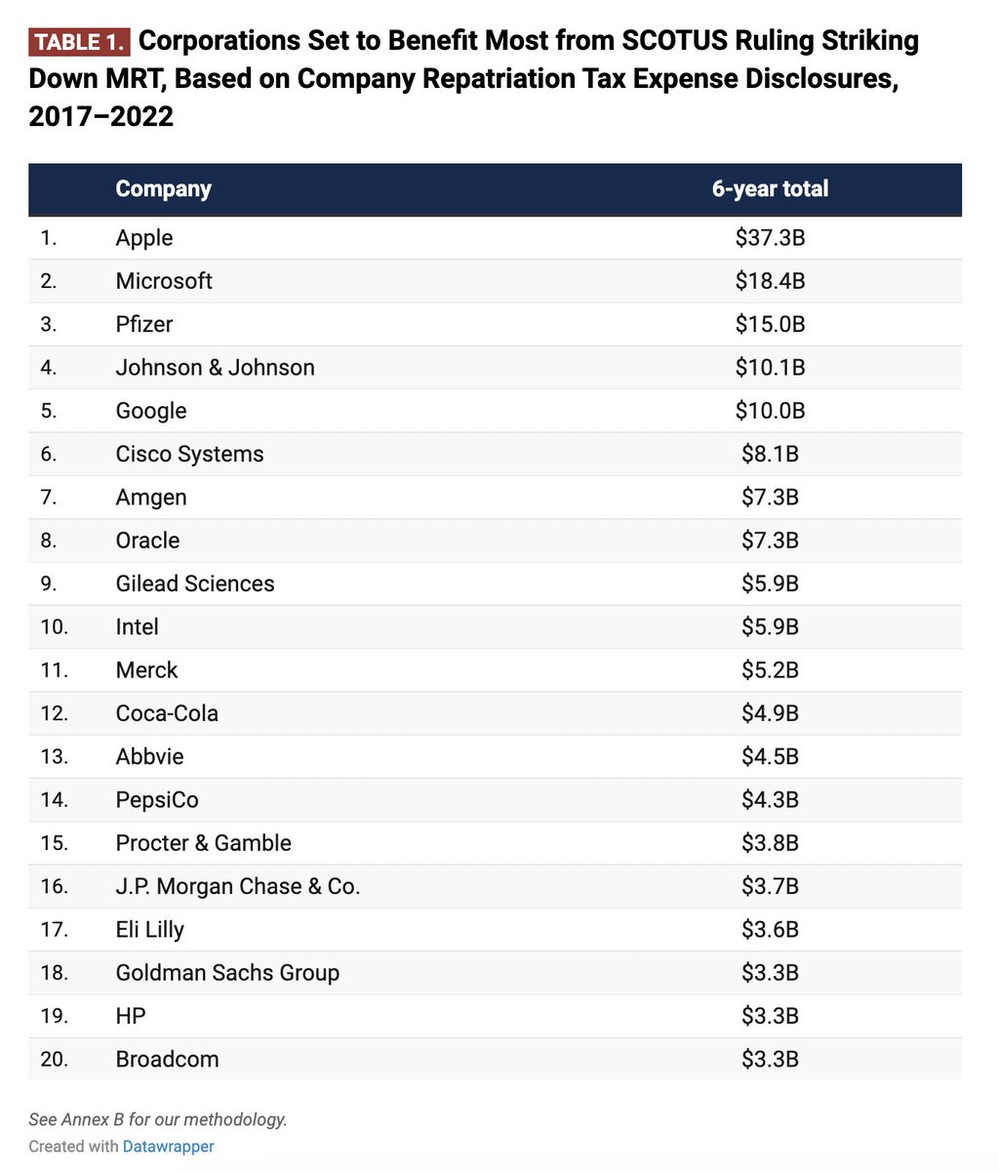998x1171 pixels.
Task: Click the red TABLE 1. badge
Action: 79,43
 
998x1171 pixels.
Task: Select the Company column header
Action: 163,189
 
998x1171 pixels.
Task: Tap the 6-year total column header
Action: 770,189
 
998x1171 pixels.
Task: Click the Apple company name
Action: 144,238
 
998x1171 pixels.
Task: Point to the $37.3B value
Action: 770,238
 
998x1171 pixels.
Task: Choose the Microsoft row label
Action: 164,281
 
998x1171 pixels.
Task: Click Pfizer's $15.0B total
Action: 770,324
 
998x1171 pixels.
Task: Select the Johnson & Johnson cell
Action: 215,368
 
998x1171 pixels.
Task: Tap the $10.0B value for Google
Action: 770,411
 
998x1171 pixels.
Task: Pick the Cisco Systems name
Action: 189,454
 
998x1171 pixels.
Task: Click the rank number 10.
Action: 54,626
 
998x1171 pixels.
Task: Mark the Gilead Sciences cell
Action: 195,584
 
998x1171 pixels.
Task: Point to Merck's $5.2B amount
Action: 770,670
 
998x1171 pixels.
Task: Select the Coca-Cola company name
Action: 167,713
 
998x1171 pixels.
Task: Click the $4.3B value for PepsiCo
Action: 770,800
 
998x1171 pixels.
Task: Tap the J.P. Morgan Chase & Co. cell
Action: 238,886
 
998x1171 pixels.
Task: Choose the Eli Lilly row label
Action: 149,930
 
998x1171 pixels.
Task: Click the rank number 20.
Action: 54,1059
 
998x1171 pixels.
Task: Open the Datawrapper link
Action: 168,1147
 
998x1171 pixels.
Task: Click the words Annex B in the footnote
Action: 86,1119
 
